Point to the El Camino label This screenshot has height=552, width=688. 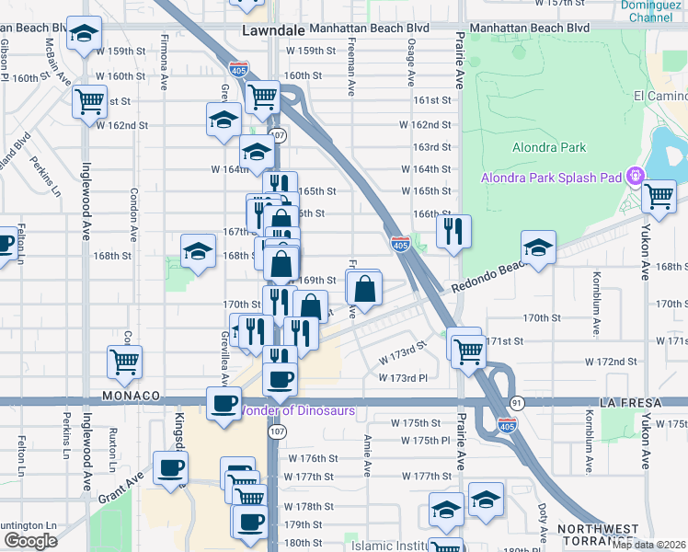click(x=659, y=97)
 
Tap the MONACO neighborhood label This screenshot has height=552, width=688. click(x=131, y=396)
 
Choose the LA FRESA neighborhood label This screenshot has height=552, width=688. click(x=628, y=403)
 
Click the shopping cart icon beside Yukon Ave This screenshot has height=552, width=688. click(x=659, y=195)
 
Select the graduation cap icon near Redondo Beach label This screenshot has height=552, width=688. click(x=538, y=247)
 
